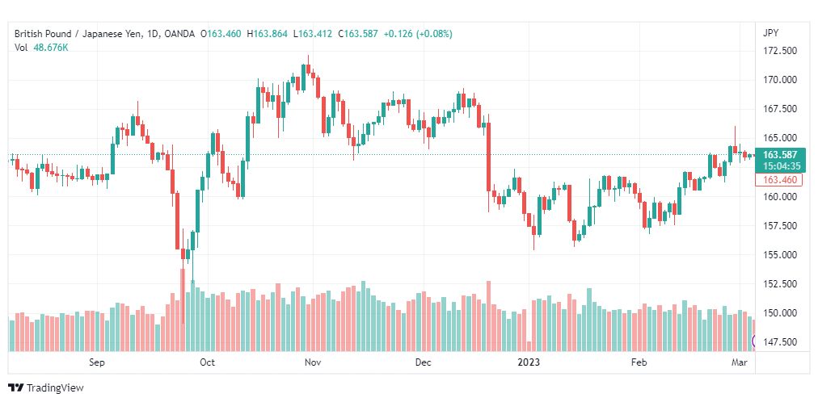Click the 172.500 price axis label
781,51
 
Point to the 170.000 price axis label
781,80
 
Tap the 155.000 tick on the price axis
781,254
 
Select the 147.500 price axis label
781,342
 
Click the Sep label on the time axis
97,362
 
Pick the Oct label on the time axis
208,362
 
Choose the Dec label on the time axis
424,362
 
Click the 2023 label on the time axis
529,362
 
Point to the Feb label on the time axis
639,362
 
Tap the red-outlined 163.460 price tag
779,180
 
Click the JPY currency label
770,33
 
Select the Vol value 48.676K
51,48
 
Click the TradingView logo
46,388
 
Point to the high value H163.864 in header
267,34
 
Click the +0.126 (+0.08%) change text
418,34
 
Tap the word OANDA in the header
179,34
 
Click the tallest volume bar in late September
183,310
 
